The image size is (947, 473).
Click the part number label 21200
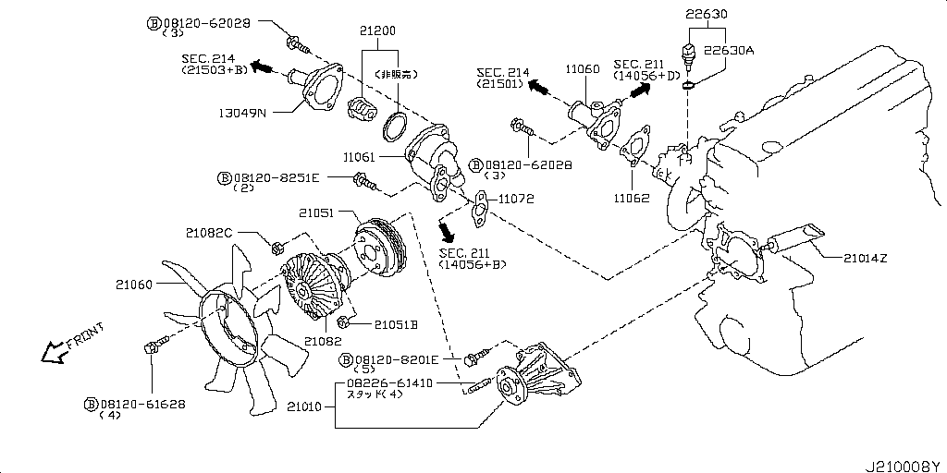point(377,30)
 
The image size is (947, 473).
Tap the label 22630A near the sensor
point(730,51)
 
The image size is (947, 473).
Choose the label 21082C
point(207,233)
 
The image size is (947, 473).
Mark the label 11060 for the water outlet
point(583,67)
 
